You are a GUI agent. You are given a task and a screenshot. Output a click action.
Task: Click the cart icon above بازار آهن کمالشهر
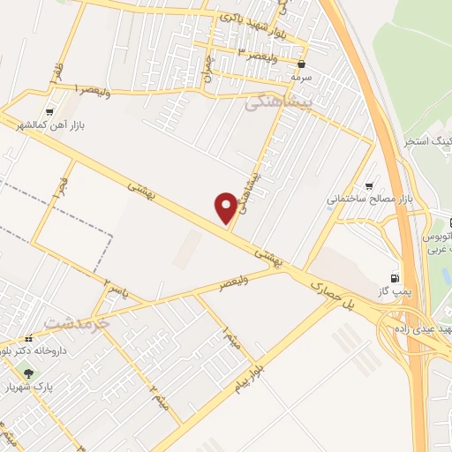coord(49,112)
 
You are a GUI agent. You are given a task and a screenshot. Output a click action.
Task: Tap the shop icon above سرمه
coord(303,64)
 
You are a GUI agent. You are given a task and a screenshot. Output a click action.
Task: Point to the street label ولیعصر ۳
coord(248,50)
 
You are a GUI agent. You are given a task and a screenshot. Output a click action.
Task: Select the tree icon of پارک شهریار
coord(29,374)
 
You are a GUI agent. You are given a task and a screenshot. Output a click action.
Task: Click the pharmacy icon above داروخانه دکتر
coord(29,338)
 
